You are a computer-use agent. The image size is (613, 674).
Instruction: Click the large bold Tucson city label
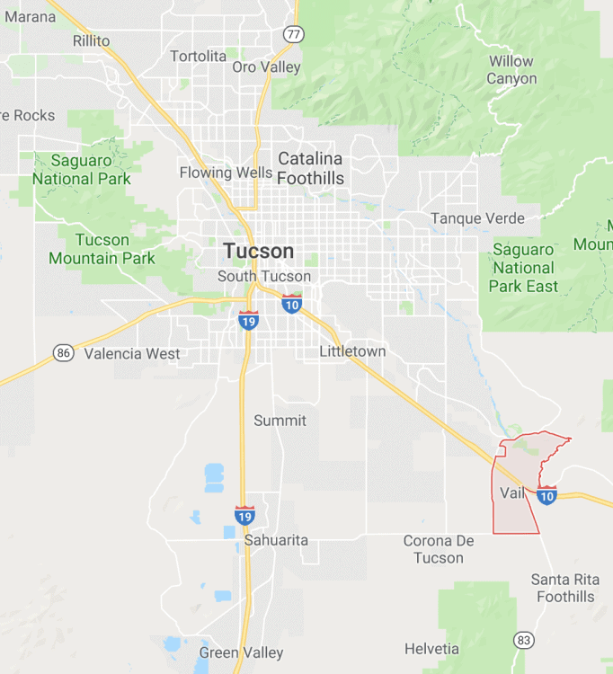click(x=259, y=251)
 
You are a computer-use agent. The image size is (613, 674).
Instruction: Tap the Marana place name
click(x=30, y=16)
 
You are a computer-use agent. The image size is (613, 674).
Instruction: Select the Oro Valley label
click(x=267, y=67)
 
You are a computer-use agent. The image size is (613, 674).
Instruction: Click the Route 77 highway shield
click(x=293, y=33)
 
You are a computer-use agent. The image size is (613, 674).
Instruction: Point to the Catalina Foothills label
click(x=310, y=168)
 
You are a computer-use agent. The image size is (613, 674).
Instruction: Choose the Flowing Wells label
click(x=226, y=173)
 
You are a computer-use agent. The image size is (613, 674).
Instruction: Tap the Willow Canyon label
click(x=511, y=70)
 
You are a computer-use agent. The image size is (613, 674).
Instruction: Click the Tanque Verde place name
click(x=477, y=218)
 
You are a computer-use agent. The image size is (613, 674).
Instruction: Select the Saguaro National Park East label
click(x=523, y=268)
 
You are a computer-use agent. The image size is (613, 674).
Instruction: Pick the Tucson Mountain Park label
click(x=102, y=249)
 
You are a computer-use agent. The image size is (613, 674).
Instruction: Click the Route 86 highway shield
click(x=63, y=352)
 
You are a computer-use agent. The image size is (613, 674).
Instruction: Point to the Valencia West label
click(x=132, y=354)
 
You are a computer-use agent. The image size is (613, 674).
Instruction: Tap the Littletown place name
click(x=352, y=351)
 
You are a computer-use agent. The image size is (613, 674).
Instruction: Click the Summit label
click(x=280, y=421)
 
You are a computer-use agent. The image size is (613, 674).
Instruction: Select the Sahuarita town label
click(x=276, y=540)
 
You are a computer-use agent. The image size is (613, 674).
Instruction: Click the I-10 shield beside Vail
click(x=546, y=494)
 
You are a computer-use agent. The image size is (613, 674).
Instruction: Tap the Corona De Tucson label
click(x=439, y=549)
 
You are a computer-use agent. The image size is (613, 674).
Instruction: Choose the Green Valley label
click(x=241, y=653)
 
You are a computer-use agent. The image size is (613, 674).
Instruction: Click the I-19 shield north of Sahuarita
click(x=244, y=515)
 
